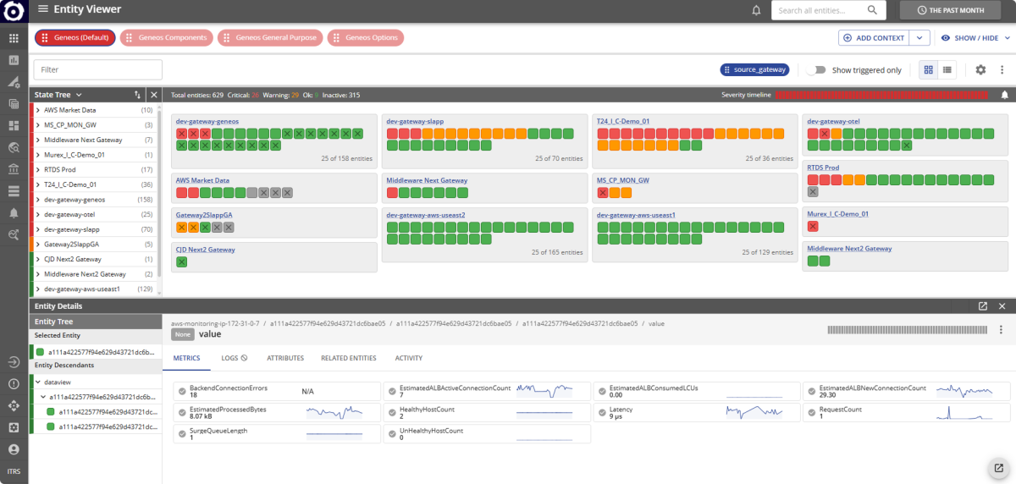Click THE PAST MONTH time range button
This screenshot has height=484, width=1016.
click(960, 10)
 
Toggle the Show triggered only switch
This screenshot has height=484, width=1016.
click(815, 70)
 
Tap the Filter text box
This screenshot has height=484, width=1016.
click(97, 69)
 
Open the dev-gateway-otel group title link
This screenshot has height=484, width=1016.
click(833, 121)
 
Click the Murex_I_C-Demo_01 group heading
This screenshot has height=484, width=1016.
click(837, 214)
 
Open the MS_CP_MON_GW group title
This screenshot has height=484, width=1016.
click(622, 180)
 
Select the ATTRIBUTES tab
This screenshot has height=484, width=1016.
click(285, 358)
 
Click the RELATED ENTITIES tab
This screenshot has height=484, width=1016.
click(349, 358)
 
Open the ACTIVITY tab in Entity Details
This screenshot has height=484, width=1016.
click(408, 358)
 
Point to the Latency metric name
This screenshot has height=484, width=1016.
click(621, 409)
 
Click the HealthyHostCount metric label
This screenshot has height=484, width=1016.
click(426, 409)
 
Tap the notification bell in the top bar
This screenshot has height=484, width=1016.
click(756, 10)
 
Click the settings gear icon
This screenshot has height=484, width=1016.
click(980, 70)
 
